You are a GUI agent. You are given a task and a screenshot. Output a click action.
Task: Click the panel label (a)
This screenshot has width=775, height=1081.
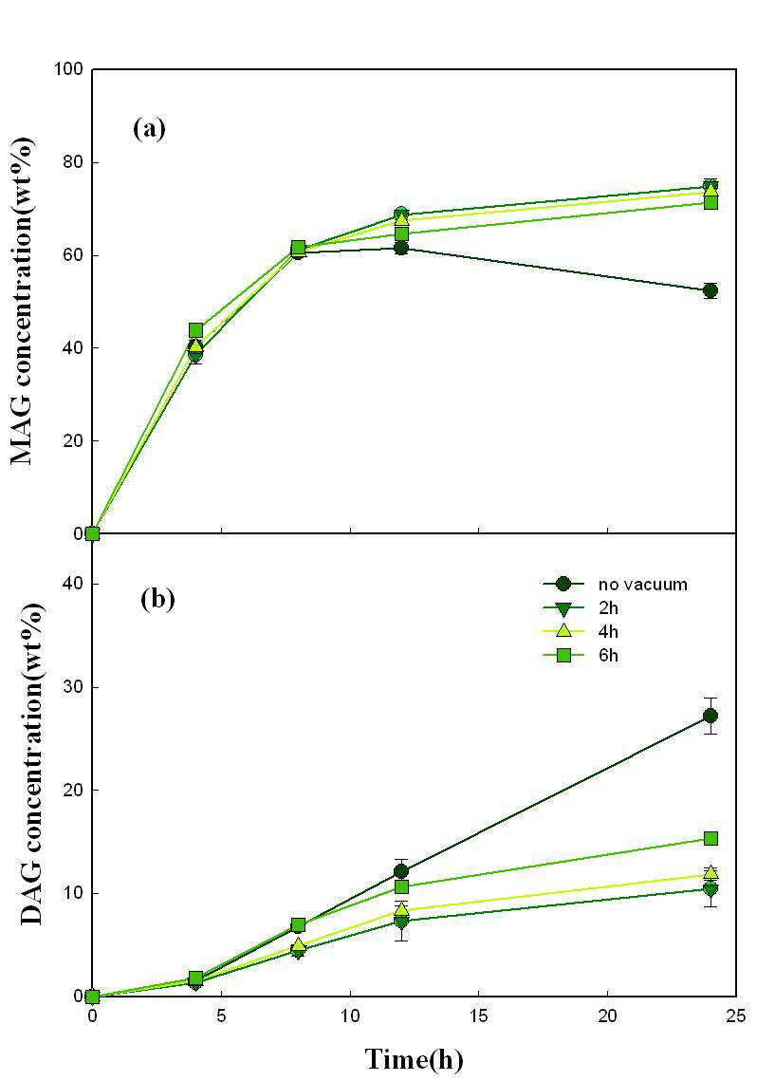pyautogui.click(x=150, y=129)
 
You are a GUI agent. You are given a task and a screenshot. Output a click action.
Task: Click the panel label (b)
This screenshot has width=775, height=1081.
pyautogui.click(x=157, y=599)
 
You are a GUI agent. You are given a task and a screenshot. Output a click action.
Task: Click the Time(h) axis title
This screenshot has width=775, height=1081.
pyautogui.click(x=414, y=1059)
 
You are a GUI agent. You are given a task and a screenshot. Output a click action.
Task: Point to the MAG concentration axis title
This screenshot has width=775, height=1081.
pyautogui.click(x=23, y=301)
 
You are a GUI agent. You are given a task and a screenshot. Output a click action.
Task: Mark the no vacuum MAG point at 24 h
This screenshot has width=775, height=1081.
pyautogui.click(x=710, y=291)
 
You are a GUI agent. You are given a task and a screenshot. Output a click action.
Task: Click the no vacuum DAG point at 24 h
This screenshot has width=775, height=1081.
pyautogui.click(x=710, y=716)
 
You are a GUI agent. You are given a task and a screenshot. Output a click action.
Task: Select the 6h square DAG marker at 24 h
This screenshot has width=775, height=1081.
pyautogui.click(x=710, y=838)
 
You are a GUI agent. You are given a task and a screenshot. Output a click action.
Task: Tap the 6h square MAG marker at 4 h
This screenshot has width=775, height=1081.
pyautogui.click(x=195, y=330)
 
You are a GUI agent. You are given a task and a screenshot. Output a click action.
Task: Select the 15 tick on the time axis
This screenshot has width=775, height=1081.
pyautogui.click(x=479, y=1016)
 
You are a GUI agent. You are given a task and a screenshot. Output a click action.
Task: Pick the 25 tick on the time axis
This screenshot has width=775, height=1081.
pyautogui.click(x=736, y=1016)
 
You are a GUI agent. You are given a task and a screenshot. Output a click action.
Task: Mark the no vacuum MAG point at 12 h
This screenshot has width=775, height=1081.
pyautogui.click(x=401, y=249)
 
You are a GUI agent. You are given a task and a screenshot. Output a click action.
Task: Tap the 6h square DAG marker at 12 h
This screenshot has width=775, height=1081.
pyautogui.click(x=401, y=886)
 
